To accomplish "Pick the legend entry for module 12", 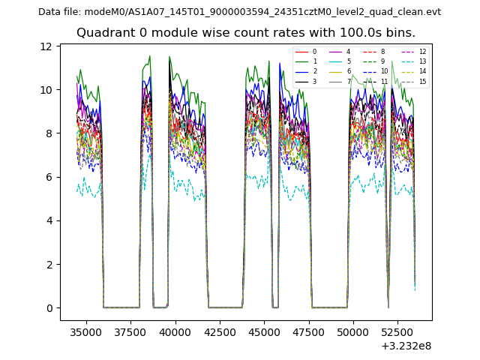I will (415, 52).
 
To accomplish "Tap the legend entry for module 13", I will (415, 61).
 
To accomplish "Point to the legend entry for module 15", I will (415, 81).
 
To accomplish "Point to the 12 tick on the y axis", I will (46, 46).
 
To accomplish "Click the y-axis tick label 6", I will (49, 177).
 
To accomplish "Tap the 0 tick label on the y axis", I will (49, 308).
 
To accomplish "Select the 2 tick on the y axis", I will (49, 265).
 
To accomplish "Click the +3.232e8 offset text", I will (406, 346).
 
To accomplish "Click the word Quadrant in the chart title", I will (104, 33).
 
